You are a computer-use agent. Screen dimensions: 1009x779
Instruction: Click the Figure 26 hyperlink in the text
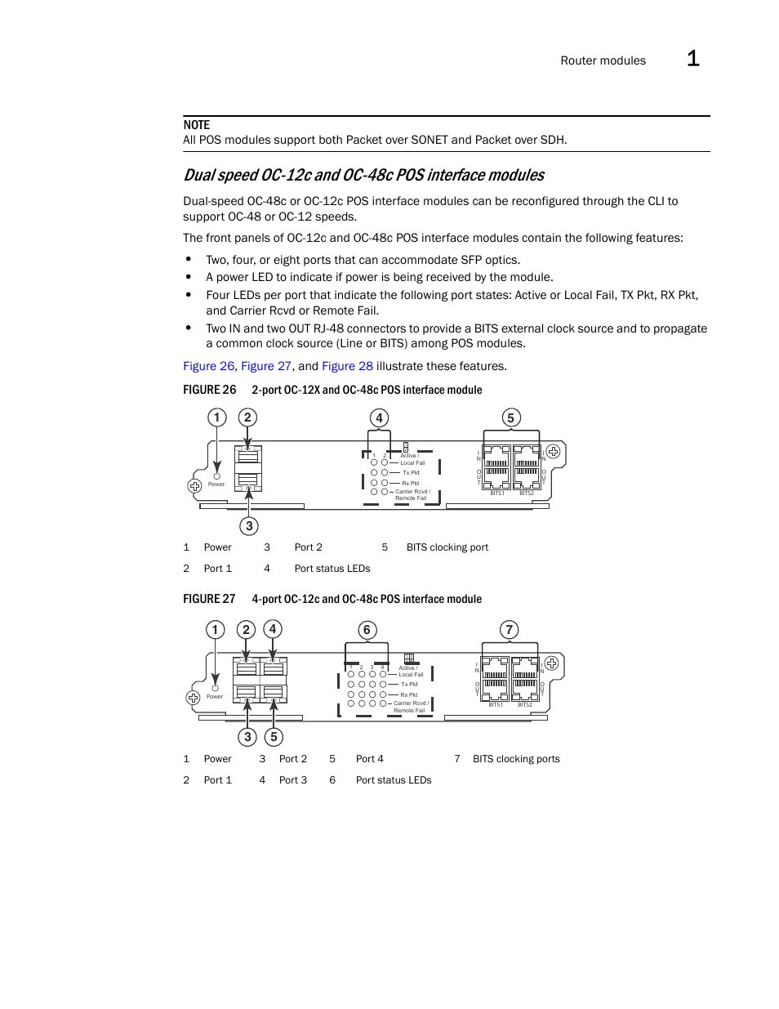(x=208, y=366)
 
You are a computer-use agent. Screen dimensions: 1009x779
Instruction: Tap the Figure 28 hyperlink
(x=347, y=366)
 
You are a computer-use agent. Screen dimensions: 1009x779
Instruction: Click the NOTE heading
(x=196, y=125)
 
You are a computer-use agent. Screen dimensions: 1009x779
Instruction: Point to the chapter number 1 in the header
(x=692, y=59)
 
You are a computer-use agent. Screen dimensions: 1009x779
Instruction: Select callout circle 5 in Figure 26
(x=510, y=417)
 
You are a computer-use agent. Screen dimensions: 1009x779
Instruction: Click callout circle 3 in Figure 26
(x=249, y=526)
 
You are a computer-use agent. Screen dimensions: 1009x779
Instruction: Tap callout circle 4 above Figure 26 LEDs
(x=379, y=417)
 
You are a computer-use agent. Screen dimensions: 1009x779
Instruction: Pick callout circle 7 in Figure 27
(x=509, y=629)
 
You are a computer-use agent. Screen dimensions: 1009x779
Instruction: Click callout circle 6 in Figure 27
(x=367, y=629)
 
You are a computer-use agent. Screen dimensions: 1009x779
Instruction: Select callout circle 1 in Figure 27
(x=215, y=629)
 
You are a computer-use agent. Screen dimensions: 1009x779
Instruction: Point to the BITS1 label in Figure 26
(x=497, y=493)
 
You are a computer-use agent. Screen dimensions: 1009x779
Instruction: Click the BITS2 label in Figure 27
(x=525, y=705)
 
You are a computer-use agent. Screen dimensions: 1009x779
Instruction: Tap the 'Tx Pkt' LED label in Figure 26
(x=411, y=473)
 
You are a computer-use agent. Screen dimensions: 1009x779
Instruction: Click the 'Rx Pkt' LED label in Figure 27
(x=409, y=695)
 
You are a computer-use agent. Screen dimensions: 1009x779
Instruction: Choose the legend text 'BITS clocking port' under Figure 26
(x=447, y=547)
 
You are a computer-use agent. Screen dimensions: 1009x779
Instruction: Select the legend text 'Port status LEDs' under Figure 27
(x=394, y=780)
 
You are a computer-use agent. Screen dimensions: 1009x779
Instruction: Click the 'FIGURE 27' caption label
(x=209, y=599)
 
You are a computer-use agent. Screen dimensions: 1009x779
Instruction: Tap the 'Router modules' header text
(x=603, y=60)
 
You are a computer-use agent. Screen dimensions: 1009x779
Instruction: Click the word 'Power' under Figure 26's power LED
(x=216, y=484)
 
